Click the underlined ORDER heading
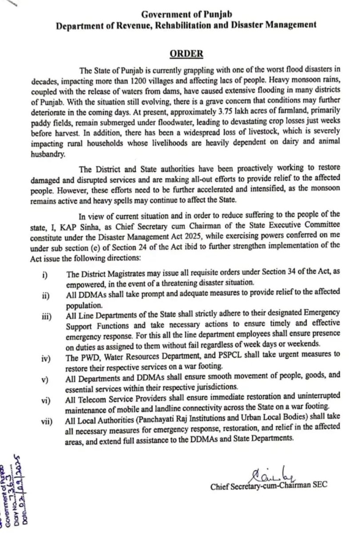point(186,54)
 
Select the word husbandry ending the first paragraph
point(48,154)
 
